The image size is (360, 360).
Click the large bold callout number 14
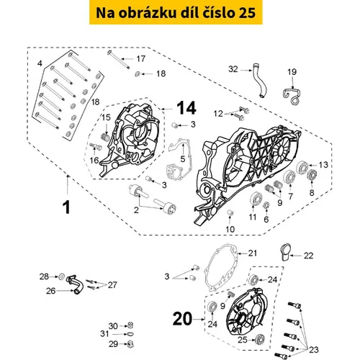[186, 108]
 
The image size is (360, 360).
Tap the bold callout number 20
[182, 319]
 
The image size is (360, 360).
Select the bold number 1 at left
[66, 207]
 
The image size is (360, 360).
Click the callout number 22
[308, 256]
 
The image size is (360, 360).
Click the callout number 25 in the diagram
[243, 340]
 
